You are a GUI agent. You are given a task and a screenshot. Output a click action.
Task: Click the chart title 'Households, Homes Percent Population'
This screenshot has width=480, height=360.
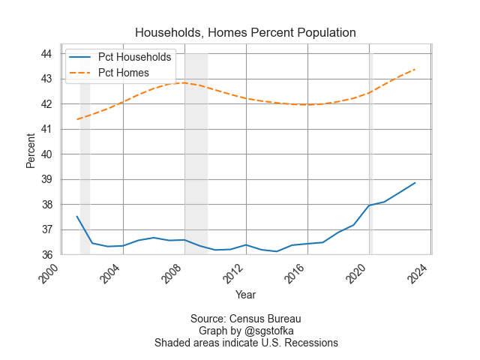coord(245,33)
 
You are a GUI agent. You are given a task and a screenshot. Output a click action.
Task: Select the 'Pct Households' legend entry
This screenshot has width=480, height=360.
coord(135,57)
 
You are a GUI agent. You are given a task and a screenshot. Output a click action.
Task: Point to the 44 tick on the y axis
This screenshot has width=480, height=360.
coord(46,54)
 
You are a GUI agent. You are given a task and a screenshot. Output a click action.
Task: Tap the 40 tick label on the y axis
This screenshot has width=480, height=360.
coord(46,154)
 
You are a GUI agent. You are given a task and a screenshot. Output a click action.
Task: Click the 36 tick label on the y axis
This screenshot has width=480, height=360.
coord(46,255)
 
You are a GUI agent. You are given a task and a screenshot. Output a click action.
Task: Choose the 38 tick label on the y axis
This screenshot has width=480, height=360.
coord(46,205)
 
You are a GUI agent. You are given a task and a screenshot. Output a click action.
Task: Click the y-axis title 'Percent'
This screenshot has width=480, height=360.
coord(31,150)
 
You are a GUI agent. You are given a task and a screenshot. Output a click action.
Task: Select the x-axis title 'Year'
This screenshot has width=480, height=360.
coord(245,295)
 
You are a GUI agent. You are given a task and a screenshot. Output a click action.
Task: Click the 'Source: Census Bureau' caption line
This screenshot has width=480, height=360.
coord(245,319)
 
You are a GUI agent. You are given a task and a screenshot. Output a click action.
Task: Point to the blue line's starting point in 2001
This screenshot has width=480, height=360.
coord(76,216)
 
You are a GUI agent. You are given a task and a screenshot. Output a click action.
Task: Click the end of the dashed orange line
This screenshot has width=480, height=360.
coord(415,69)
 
